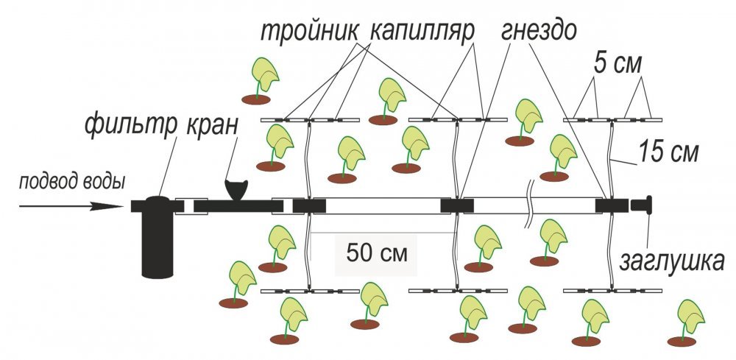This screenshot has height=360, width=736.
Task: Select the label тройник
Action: [309, 33]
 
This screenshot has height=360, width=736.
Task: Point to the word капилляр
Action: [421, 33]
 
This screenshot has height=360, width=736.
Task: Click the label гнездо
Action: [540, 33]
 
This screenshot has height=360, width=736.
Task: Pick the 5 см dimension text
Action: [619, 66]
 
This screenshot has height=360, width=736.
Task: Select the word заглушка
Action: [675, 261]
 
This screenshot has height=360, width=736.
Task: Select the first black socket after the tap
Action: [309, 206]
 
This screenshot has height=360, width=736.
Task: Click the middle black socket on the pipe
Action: [456, 206]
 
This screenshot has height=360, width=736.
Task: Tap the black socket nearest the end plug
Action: [612, 206]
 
